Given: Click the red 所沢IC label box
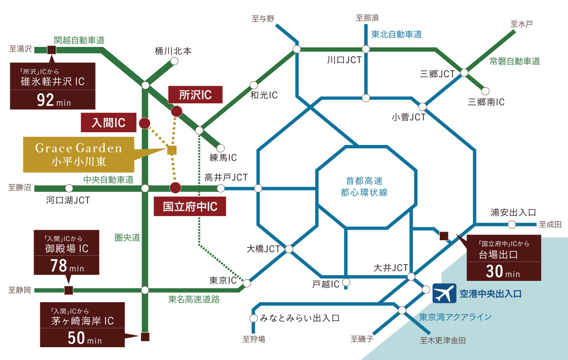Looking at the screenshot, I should point(195,95).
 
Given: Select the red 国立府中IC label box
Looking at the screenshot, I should point(190,207).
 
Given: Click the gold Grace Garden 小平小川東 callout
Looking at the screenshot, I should point(79,154).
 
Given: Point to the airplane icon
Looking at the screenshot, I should point(444,294).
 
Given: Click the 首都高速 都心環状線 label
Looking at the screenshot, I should point(364,187).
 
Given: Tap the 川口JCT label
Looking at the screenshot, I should point(344,60).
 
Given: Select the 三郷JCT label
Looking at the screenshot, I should point(437,73).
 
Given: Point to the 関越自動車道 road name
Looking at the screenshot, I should point(79,40).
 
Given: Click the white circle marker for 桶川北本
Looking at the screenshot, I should point(174,61).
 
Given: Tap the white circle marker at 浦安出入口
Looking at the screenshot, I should point(512,225).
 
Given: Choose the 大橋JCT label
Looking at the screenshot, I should point(264,248).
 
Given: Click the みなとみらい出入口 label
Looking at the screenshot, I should point(300,318).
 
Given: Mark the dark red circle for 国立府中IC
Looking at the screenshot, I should point(175,187).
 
